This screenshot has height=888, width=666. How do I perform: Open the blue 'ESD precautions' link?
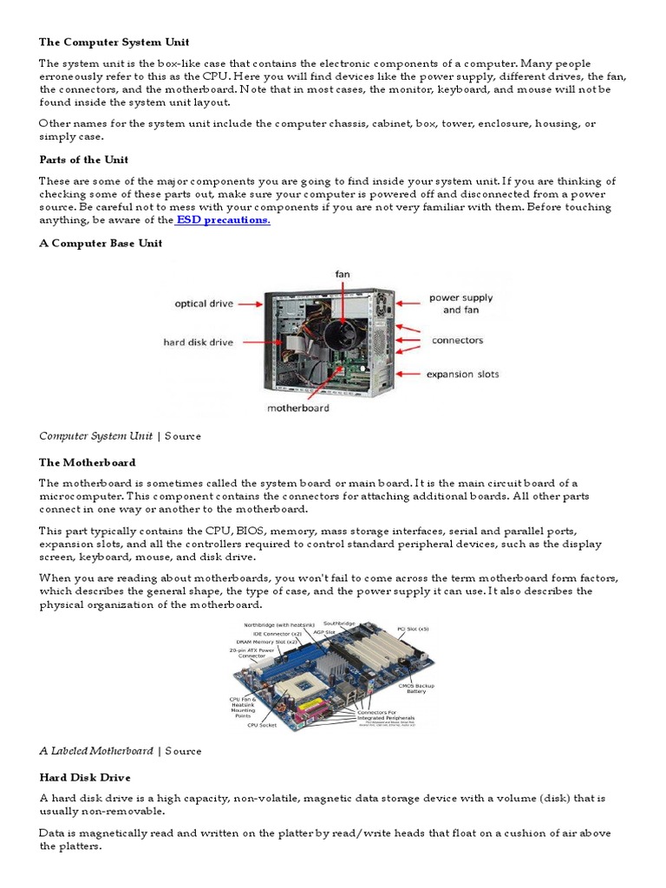(224, 220)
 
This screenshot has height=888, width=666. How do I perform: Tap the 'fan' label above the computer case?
(343, 274)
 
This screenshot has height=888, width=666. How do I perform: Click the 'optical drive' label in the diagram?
(203, 304)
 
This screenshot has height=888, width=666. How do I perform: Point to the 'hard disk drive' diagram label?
(198, 343)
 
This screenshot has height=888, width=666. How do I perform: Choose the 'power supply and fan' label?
(460, 304)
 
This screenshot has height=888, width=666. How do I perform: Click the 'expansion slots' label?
(462, 375)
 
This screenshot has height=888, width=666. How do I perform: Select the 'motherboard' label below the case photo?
(297, 408)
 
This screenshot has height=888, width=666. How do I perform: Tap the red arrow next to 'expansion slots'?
(408, 375)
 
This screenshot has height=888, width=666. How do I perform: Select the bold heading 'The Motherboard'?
(87, 462)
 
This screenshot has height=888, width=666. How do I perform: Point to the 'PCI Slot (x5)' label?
(412, 629)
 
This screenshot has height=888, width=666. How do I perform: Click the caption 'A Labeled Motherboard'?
(96, 751)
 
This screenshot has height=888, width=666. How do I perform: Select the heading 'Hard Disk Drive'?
(84, 777)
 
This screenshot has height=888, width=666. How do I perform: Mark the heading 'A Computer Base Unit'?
(101, 244)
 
